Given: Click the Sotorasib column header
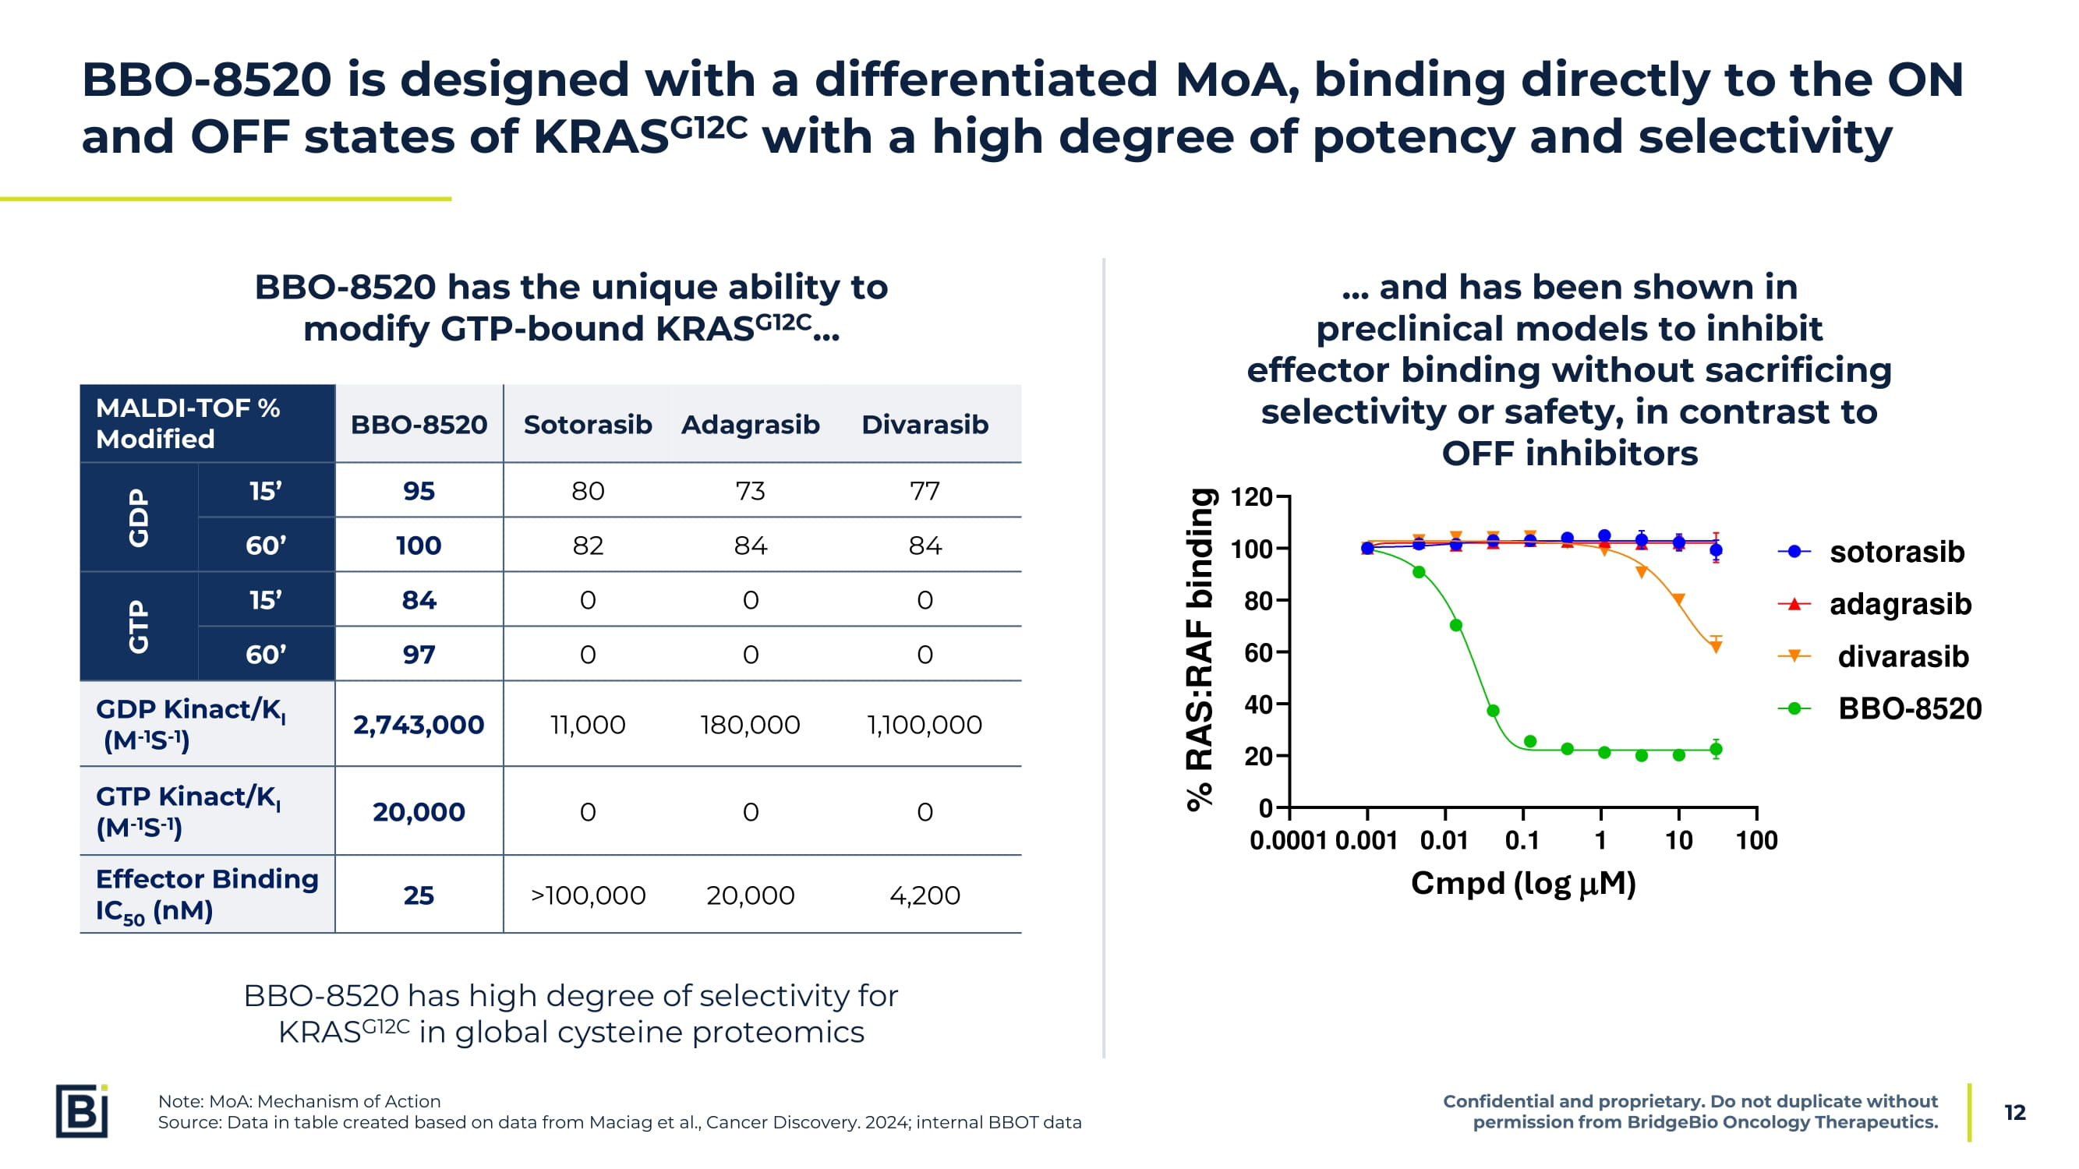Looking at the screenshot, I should (x=588, y=425).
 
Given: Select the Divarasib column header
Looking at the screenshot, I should (x=924, y=425).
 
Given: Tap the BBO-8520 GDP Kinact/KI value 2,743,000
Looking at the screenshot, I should (x=418, y=725).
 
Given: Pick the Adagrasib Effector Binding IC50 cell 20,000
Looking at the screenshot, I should (x=750, y=895).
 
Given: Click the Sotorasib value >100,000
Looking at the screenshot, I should (x=588, y=895).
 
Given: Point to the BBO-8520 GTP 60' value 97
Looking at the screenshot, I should (x=418, y=655).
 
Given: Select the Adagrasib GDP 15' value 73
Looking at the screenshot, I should (x=750, y=490).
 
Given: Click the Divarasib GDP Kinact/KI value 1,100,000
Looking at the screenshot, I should (x=924, y=725).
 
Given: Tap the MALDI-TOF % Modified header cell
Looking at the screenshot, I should (x=188, y=423).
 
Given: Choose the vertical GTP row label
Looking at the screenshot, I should (x=139, y=626).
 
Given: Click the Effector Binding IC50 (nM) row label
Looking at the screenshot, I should (x=207, y=894).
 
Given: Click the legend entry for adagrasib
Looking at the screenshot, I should (x=1899, y=604).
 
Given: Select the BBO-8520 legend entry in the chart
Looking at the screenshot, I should (x=1909, y=708).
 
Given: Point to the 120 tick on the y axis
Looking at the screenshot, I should (x=1252, y=497).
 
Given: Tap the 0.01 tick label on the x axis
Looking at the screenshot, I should (x=1444, y=841).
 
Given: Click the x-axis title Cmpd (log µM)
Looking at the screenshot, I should (x=1523, y=884).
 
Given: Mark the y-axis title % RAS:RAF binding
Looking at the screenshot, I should (x=1200, y=649).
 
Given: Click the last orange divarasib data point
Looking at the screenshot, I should (x=1716, y=646).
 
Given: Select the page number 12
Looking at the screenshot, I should (x=2014, y=1113).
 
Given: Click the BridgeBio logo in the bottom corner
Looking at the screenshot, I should (x=82, y=1111).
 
